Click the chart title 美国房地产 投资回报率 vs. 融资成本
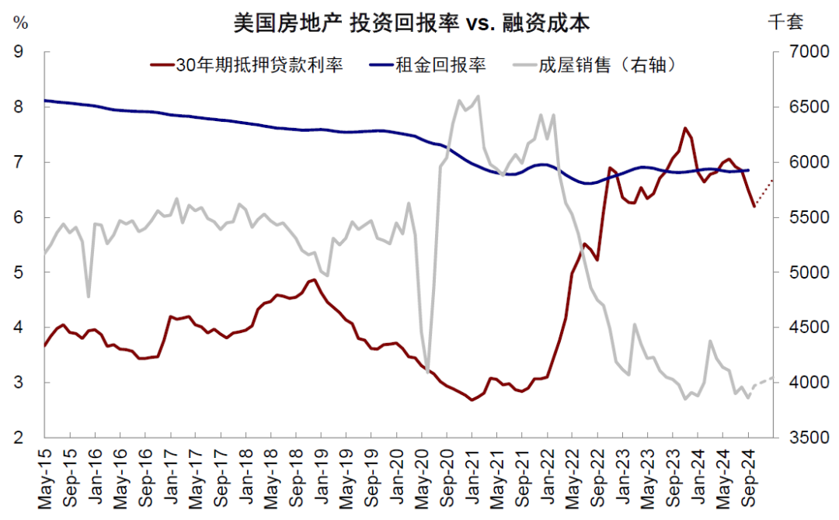411,23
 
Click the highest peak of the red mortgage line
684,128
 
